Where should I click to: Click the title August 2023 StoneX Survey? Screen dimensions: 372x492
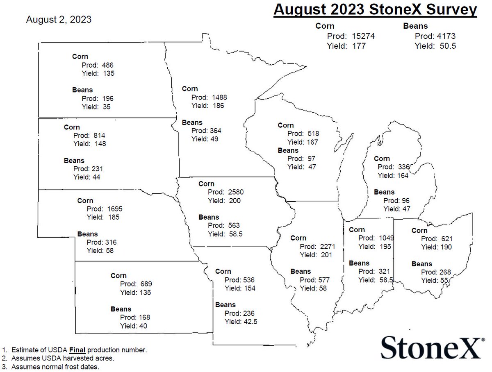(x=375, y=10)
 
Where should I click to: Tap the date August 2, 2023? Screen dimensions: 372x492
(x=59, y=20)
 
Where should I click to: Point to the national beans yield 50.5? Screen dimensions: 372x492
(x=448, y=46)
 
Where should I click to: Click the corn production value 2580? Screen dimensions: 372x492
(x=235, y=192)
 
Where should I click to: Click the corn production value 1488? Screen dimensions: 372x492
(x=219, y=97)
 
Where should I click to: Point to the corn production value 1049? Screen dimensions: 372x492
(x=383, y=238)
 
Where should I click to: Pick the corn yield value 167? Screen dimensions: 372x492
(x=310, y=142)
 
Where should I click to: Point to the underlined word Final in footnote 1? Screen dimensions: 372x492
(x=77, y=350)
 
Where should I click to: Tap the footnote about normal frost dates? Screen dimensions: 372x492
(x=55, y=367)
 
